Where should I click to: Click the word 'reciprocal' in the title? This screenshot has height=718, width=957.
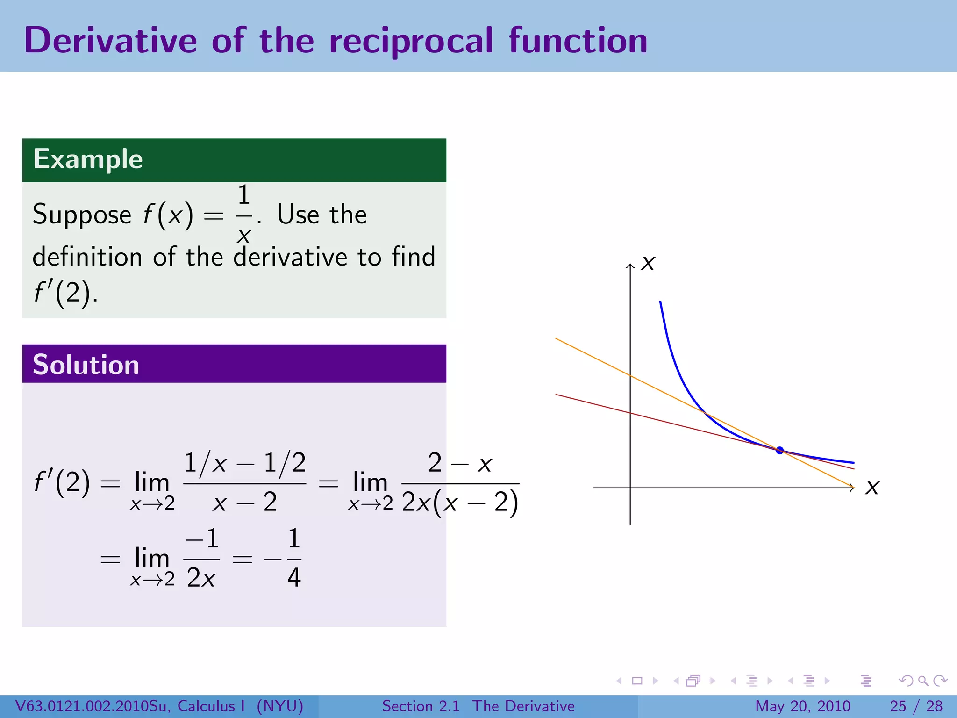tap(411, 41)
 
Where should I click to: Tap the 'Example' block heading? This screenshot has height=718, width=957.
tap(88, 159)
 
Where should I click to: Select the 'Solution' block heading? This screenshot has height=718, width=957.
tap(86, 365)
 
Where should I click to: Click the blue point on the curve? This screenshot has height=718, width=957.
tap(779, 450)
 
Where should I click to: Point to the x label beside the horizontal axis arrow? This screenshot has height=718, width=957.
tap(872, 487)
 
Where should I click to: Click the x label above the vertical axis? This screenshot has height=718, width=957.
tap(648, 263)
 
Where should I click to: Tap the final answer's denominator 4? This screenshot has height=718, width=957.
tap(294, 578)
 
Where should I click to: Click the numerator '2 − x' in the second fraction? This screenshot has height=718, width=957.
tap(460, 463)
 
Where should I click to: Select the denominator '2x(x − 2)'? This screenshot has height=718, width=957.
tap(460, 503)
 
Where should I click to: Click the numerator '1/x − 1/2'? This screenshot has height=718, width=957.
tap(244, 463)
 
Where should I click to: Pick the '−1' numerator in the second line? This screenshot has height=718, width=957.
tap(202, 538)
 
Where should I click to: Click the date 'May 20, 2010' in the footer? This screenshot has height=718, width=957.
tap(802, 706)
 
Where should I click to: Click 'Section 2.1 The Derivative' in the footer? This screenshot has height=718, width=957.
tap(478, 706)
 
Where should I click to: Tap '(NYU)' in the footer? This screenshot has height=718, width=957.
tap(280, 706)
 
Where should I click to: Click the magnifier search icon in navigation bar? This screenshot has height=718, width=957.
tap(923, 681)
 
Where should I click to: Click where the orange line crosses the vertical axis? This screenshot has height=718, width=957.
tap(630, 375)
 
